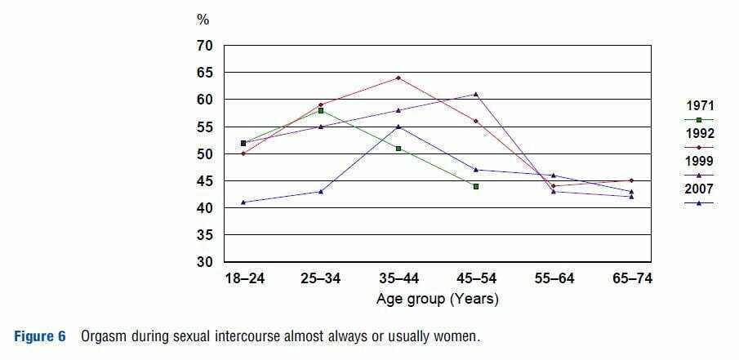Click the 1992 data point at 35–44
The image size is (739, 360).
398,78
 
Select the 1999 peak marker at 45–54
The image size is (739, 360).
476,94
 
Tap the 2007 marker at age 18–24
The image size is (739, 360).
243,202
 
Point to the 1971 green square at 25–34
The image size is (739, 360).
321,110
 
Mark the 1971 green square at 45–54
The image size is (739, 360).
476,186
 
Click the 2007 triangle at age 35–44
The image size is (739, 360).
398,127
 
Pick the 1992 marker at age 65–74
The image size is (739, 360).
631,180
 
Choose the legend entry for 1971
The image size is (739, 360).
701,106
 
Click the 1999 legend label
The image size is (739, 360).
701,162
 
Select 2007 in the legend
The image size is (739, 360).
701,189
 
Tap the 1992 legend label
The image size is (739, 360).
701,134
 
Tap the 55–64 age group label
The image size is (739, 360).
554,279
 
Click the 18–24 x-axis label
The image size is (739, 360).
243,279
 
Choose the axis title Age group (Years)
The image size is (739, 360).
437,299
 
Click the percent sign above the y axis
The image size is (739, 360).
203,20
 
